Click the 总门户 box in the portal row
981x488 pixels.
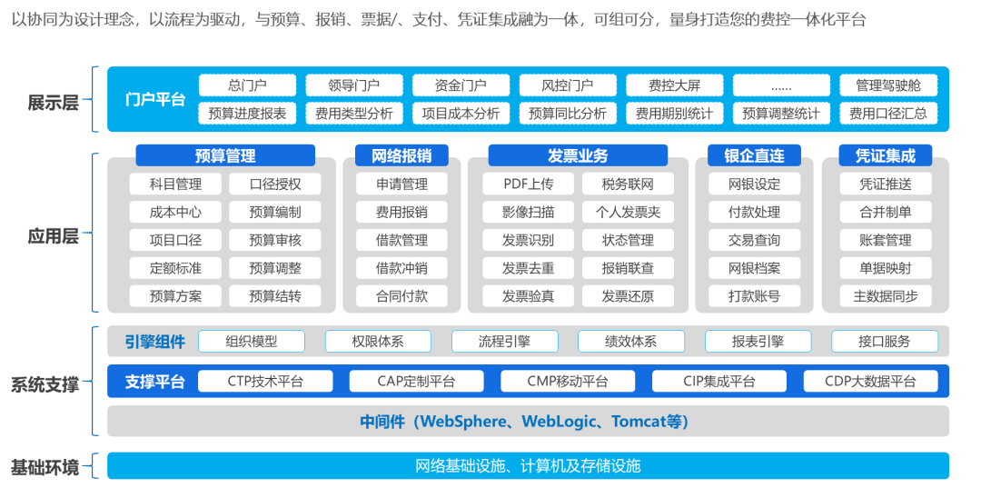pyautogui.click(x=247, y=85)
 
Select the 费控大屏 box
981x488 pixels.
pyautogui.click(x=674, y=85)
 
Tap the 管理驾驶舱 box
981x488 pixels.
pyautogui.click(x=887, y=85)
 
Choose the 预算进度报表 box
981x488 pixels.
pyautogui.click(x=247, y=114)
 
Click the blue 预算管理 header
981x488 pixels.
pyautogui.click(x=225, y=155)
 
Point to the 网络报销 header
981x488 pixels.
pyautogui.click(x=402, y=155)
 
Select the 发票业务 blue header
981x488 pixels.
pyautogui.click(x=578, y=155)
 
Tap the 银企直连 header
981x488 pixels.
pyautogui.click(x=754, y=155)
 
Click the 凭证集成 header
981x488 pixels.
pyautogui.click(x=886, y=155)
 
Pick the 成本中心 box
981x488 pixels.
pyautogui.click(x=176, y=213)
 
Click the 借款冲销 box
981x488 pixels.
pyautogui.click(x=402, y=268)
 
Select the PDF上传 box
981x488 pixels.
pyautogui.click(x=528, y=184)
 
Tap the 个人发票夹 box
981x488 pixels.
pyautogui.click(x=628, y=213)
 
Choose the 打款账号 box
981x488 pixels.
pyautogui.click(x=754, y=296)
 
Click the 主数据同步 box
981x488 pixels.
pyautogui.click(x=886, y=296)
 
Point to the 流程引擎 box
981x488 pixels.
pyautogui.click(x=504, y=342)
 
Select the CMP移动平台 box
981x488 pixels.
pyautogui.click(x=554, y=382)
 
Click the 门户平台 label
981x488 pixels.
pyautogui.click(x=155, y=99)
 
